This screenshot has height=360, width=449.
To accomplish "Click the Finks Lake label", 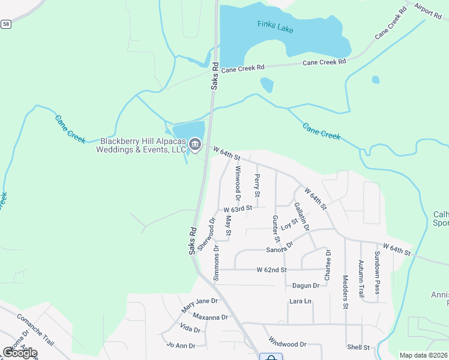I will click(275, 26).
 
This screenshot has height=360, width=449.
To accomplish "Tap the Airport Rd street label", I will click(427, 10).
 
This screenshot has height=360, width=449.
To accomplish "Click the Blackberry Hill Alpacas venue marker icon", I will click(195, 145).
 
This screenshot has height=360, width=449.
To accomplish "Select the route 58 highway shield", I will click(6, 24).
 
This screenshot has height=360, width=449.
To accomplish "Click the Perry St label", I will click(257, 185).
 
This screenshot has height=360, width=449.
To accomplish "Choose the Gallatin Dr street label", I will click(301, 217).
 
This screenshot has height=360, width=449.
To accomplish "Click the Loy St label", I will click(290, 224).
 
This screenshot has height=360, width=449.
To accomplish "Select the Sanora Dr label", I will click(280, 247).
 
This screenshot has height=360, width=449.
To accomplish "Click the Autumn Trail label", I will click(361, 279).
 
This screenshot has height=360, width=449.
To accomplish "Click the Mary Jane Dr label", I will click(199, 305).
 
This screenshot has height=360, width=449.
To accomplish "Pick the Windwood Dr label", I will click(288, 344).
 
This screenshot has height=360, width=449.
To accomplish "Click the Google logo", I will click(20, 352).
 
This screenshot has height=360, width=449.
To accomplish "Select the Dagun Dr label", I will click(306, 286).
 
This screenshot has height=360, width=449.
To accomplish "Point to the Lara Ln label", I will click(301, 301).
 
